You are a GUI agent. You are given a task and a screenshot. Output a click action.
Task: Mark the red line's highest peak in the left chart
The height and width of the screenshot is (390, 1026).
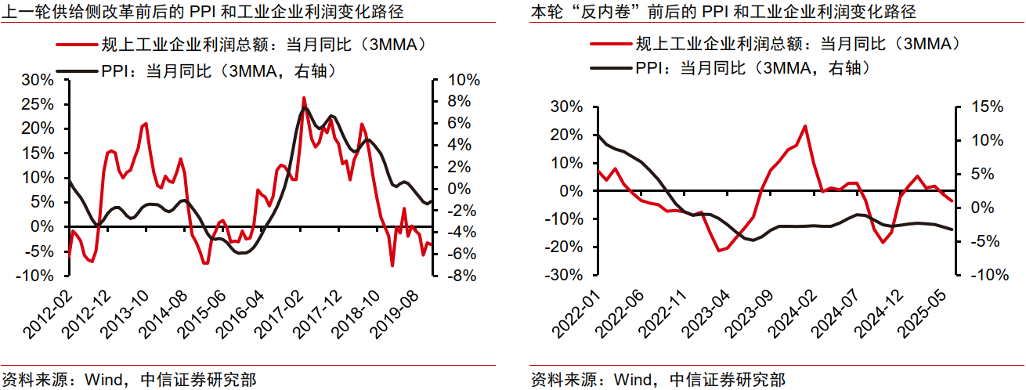pos(304,98)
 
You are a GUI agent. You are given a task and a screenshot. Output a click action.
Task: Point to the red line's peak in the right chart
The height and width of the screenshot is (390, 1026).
pos(805,125)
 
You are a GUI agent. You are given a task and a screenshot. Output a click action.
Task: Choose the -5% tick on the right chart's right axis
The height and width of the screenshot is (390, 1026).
pos(976,241)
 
